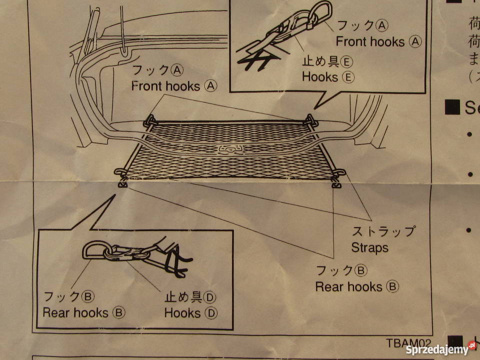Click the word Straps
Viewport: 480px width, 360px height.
click(x=369, y=247)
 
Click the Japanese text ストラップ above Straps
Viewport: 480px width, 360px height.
click(x=383, y=231)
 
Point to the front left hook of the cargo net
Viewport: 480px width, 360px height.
click(x=149, y=121)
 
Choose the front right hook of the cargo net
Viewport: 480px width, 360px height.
click(x=311, y=119)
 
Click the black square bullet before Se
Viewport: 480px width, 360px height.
click(x=452, y=107)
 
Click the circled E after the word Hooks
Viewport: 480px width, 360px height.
click(x=348, y=77)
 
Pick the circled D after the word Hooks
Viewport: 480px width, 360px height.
click(x=212, y=313)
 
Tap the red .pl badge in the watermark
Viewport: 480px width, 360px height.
click(x=472, y=345)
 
